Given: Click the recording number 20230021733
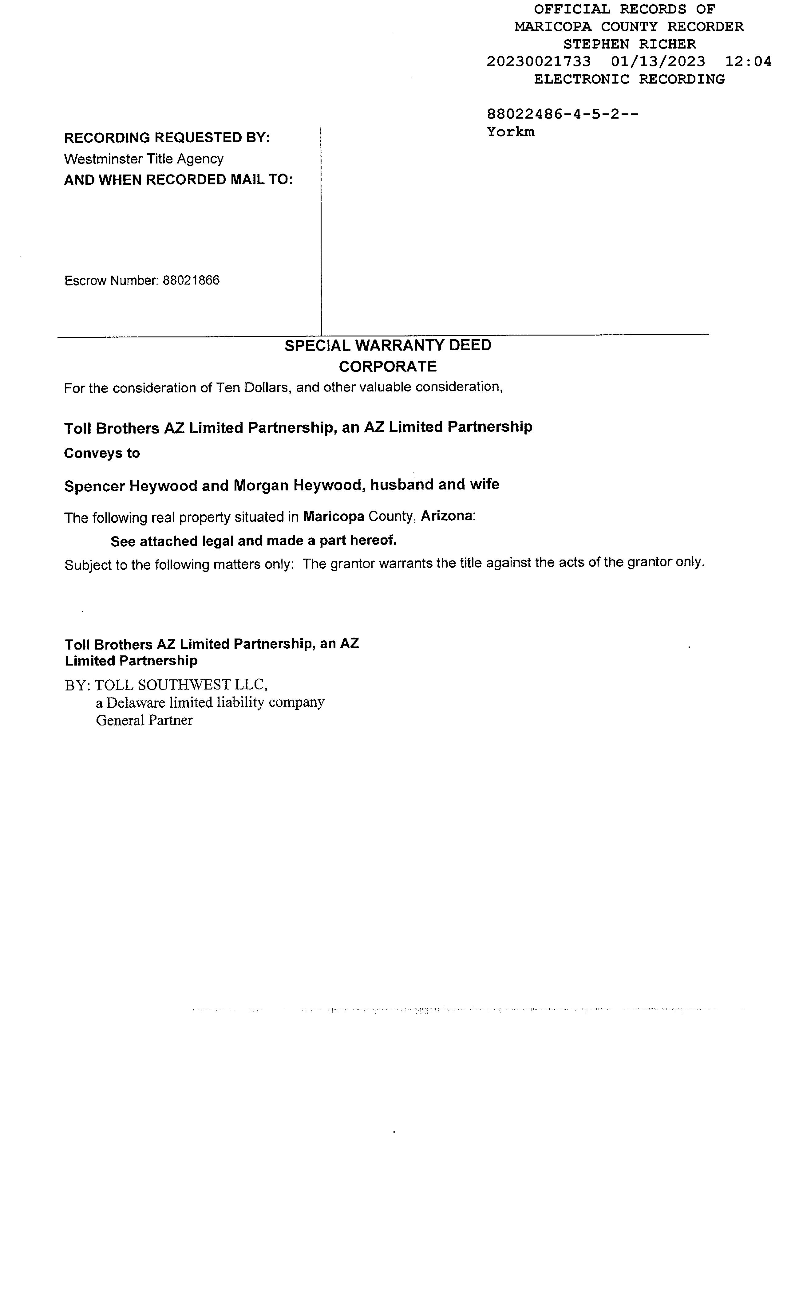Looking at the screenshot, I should pos(538,62).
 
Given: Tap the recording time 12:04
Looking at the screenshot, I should pos(748,62).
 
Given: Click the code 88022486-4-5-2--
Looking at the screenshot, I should pos(562,114).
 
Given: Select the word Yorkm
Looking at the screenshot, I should pos(510,132).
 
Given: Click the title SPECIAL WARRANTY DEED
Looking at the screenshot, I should pos(388,345).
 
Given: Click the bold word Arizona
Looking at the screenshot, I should pos(447,516).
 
